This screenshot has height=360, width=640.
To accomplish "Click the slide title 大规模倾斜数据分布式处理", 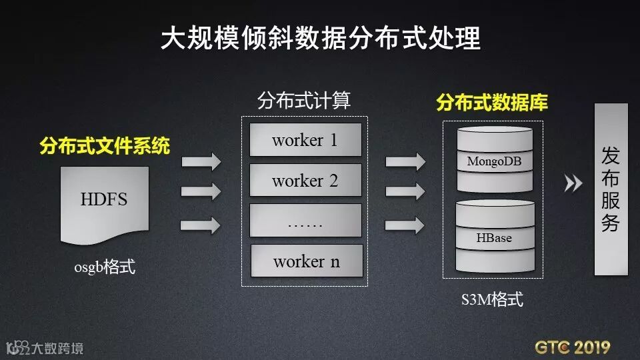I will coord(320,39).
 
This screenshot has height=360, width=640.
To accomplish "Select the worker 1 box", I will coord(305,140).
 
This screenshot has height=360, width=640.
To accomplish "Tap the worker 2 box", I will coord(305,181).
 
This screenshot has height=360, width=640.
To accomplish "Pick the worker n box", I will coord(306,261).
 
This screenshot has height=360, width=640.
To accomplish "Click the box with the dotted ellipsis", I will coord(305,221).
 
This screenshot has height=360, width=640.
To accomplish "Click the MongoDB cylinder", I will coord(494,160).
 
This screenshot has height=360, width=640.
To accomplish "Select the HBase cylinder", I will coord(494,237).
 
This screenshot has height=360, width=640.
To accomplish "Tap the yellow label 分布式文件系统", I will coord(105,145).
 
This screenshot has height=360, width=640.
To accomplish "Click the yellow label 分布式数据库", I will coord(492,103).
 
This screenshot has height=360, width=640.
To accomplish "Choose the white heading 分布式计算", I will coord(304,101).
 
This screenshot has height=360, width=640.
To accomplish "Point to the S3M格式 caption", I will coord(493,299).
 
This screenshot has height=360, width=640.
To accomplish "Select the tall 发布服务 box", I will coord(611,189).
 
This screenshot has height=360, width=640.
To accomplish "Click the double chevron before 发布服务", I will coord(573,183).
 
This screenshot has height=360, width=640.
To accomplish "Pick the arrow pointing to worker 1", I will coord(201,161).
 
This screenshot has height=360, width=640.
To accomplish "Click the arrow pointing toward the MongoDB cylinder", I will coord(405,161).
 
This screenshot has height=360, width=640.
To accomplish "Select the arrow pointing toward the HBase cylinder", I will coord(405,225).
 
